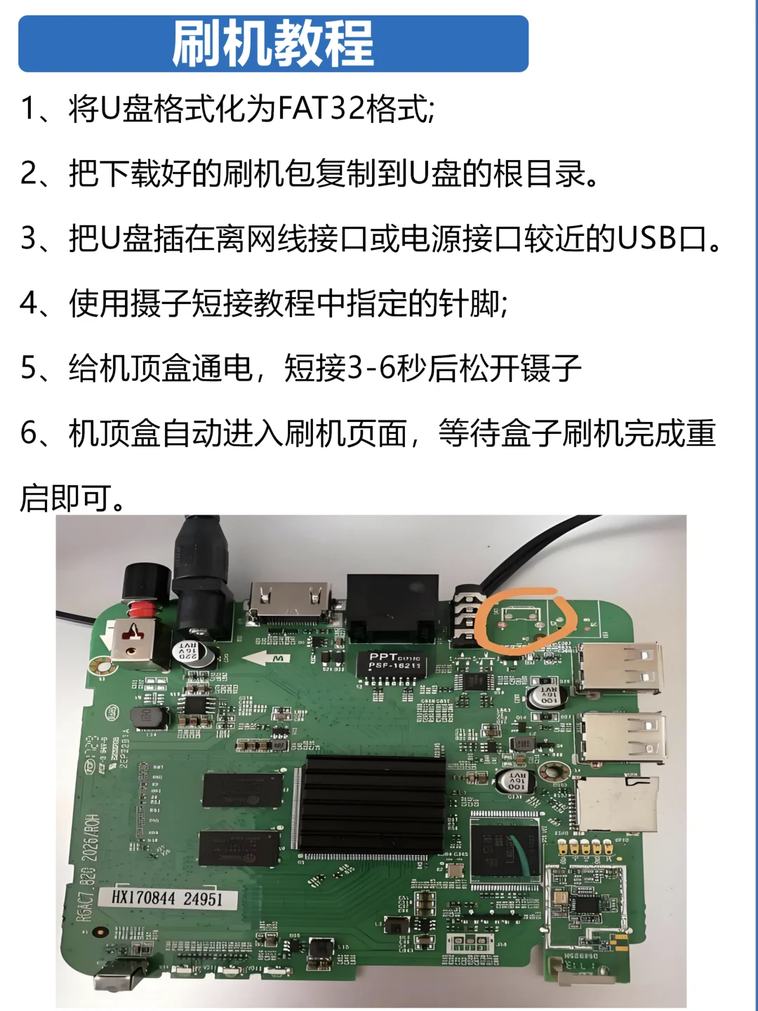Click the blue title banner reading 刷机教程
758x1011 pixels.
pos(273,44)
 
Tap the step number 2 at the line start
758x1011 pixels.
pos(30,173)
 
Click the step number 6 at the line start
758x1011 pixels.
pos(30,433)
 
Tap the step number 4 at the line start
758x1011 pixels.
pos(30,303)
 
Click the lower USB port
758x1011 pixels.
pos(622,737)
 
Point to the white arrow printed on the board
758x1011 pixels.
pos(265,659)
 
